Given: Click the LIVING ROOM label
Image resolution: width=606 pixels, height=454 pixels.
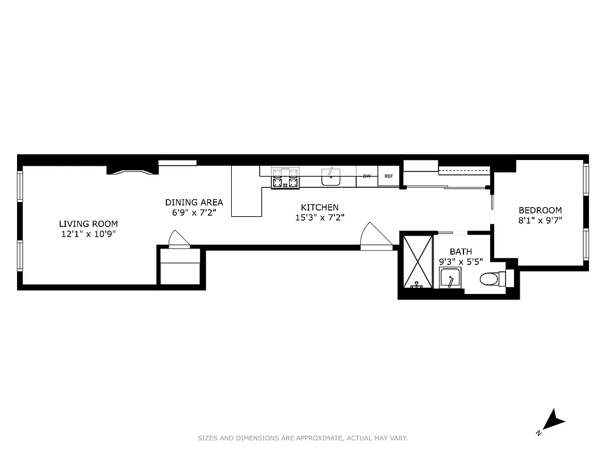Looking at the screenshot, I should [89, 224].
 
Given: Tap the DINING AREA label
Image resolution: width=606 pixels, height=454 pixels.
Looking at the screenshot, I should [194, 202].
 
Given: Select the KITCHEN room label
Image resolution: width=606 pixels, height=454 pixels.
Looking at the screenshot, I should [319, 208].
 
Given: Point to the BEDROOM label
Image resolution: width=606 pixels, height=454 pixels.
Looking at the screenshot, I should [540, 210].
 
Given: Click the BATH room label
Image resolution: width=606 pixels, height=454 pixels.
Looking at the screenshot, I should [461, 251].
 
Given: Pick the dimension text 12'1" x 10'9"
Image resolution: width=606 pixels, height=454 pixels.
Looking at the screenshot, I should [89, 234].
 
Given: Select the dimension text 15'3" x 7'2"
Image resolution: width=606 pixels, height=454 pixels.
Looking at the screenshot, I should [319, 217].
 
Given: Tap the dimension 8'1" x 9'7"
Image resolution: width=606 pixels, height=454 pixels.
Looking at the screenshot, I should [540, 220].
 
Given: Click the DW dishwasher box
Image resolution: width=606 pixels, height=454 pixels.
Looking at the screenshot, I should [367, 176].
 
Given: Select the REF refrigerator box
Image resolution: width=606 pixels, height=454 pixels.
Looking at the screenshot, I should [388, 176].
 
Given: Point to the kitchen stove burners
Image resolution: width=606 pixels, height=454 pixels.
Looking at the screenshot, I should [285, 178].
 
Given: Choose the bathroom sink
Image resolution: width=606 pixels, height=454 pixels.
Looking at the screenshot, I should [450, 278].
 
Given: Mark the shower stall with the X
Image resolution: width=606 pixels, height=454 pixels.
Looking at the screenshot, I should [417, 262].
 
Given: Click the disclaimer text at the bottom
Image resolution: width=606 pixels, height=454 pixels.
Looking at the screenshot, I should [303, 438].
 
